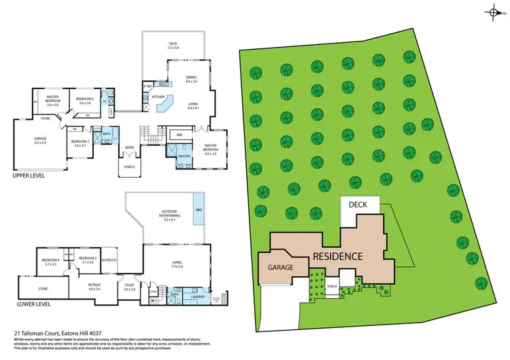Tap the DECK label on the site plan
358,205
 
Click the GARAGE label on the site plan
279,267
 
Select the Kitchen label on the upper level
158,97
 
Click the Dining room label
190,80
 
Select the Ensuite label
184,157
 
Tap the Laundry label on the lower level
198,297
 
